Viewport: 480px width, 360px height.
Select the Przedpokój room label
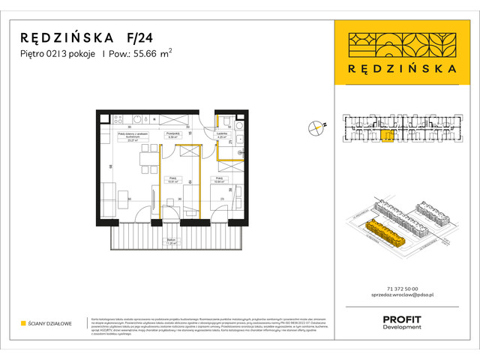pyautogui.click(x=171, y=136)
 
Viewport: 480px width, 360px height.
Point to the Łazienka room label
pyautogui.click(x=222, y=136)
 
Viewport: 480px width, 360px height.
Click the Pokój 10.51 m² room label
pyautogui.click(x=172, y=180)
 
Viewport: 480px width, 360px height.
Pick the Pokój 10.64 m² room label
pyautogui.click(x=220, y=180)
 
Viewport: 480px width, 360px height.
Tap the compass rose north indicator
pyautogui.click(x=317, y=128)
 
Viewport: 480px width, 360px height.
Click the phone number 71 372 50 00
pyautogui.click(x=406, y=289)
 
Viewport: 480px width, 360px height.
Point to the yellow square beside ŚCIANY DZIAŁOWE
pyautogui.click(x=24, y=323)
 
